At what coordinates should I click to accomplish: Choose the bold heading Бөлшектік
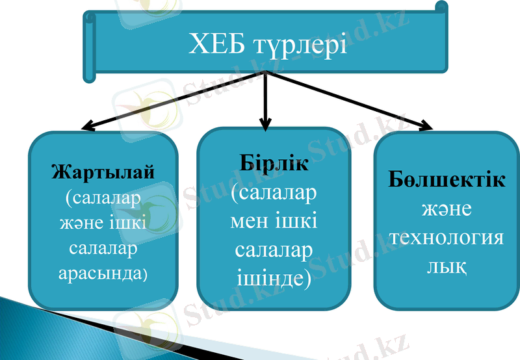tap(447, 180)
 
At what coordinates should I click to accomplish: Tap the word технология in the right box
tap(447, 237)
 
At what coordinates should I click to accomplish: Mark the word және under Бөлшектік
tap(447, 209)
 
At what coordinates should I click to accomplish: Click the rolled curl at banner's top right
tap(441, 8)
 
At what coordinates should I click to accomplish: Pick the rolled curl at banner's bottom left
tap(89, 66)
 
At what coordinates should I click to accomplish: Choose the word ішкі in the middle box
tap(296, 221)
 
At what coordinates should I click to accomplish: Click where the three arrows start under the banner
tap(265, 73)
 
